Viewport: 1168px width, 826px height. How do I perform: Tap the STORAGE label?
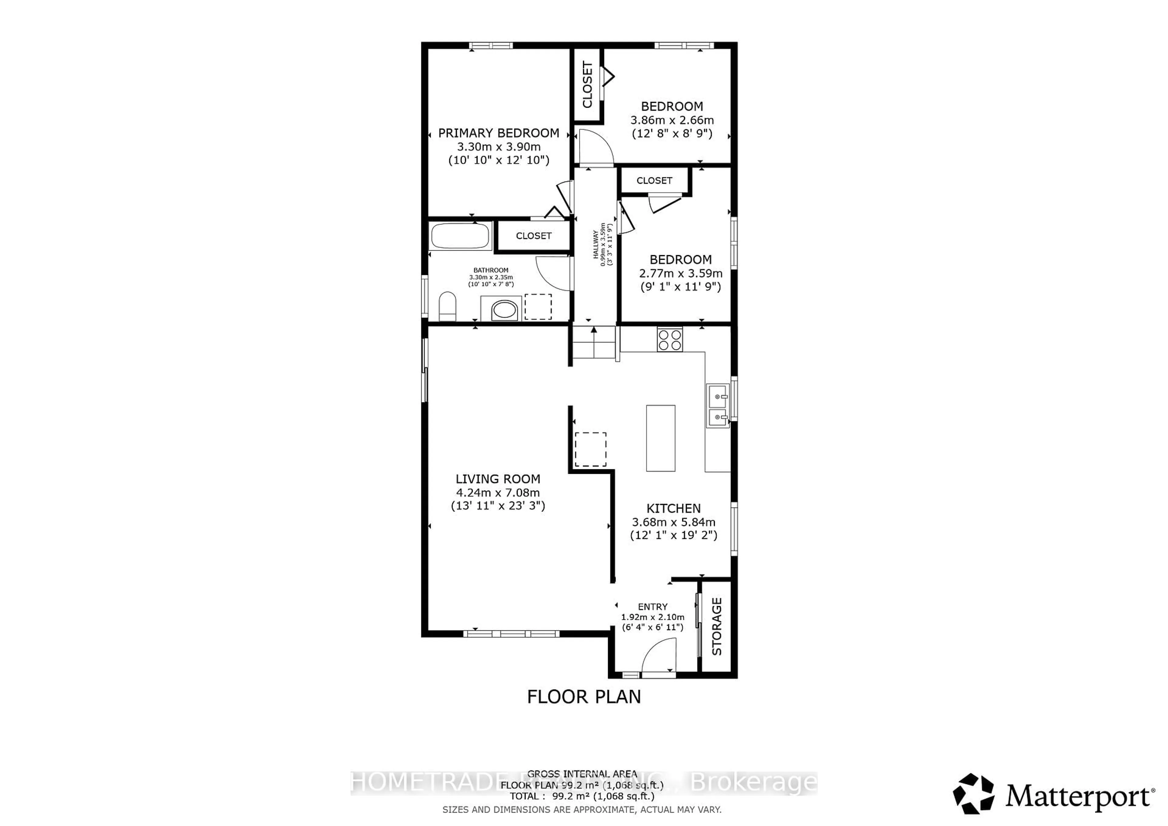716,626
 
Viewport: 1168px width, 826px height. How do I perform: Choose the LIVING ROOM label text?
498,479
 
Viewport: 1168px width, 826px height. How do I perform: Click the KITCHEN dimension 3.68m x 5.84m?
673,522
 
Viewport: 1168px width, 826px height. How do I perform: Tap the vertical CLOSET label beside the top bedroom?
588,85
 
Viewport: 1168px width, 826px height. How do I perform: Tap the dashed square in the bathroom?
538,307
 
